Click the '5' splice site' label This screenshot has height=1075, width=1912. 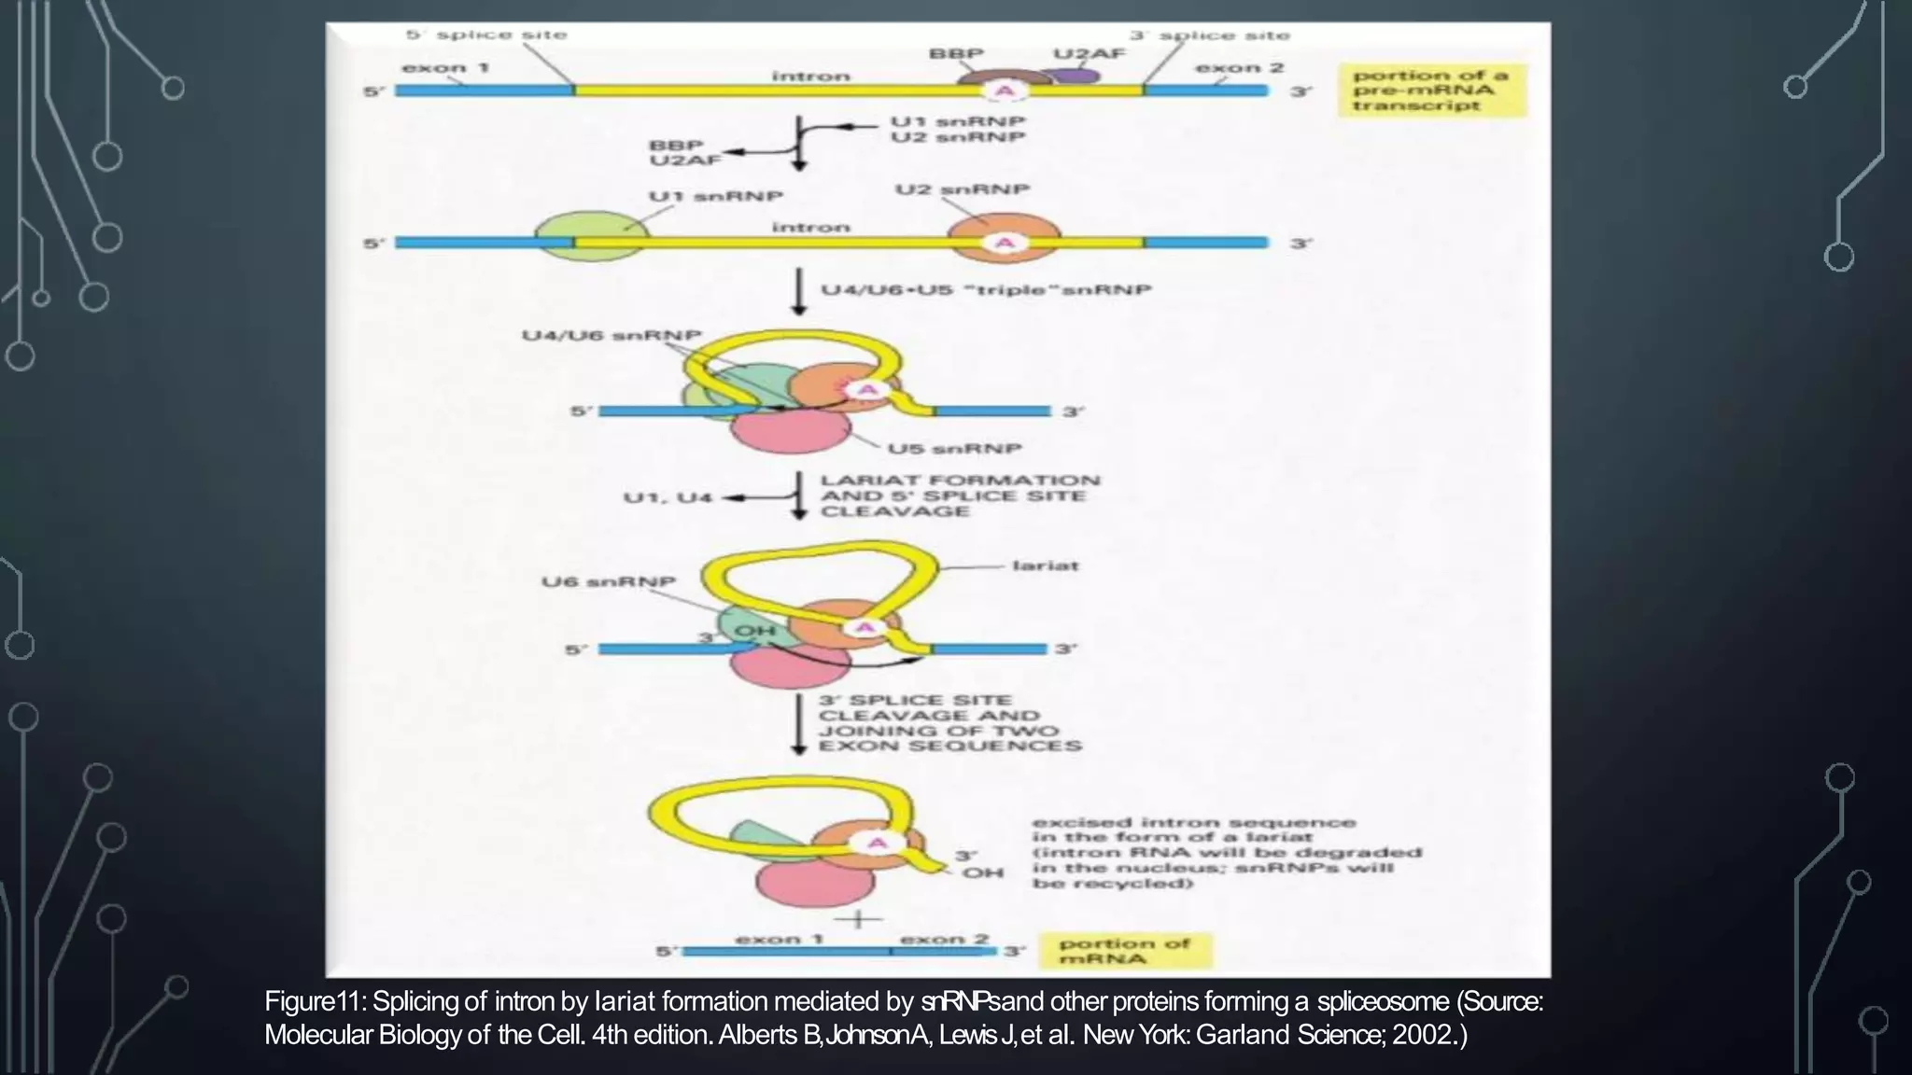click(x=486, y=35)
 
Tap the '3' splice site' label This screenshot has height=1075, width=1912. click(x=1210, y=35)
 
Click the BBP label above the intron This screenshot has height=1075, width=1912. click(x=956, y=54)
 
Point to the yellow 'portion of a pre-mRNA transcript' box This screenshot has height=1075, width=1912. click(x=1431, y=91)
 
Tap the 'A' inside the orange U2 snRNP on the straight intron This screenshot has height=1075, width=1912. click(x=1005, y=243)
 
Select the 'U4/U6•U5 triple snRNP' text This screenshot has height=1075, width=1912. click(x=985, y=290)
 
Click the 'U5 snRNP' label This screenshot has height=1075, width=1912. click(x=954, y=449)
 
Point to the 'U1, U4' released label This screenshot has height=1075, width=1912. click(x=668, y=497)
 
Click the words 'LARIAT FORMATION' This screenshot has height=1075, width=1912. click(x=960, y=481)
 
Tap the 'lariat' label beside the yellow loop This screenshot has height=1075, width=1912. click(x=1045, y=565)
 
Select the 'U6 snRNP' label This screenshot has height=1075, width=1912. click(x=608, y=582)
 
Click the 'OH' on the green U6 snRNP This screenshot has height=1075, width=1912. click(x=755, y=631)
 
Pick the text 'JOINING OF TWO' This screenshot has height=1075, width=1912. click(x=938, y=731)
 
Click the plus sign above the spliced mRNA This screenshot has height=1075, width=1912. click(x=858, y=918)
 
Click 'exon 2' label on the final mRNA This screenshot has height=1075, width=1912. click(x=943, y=939)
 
